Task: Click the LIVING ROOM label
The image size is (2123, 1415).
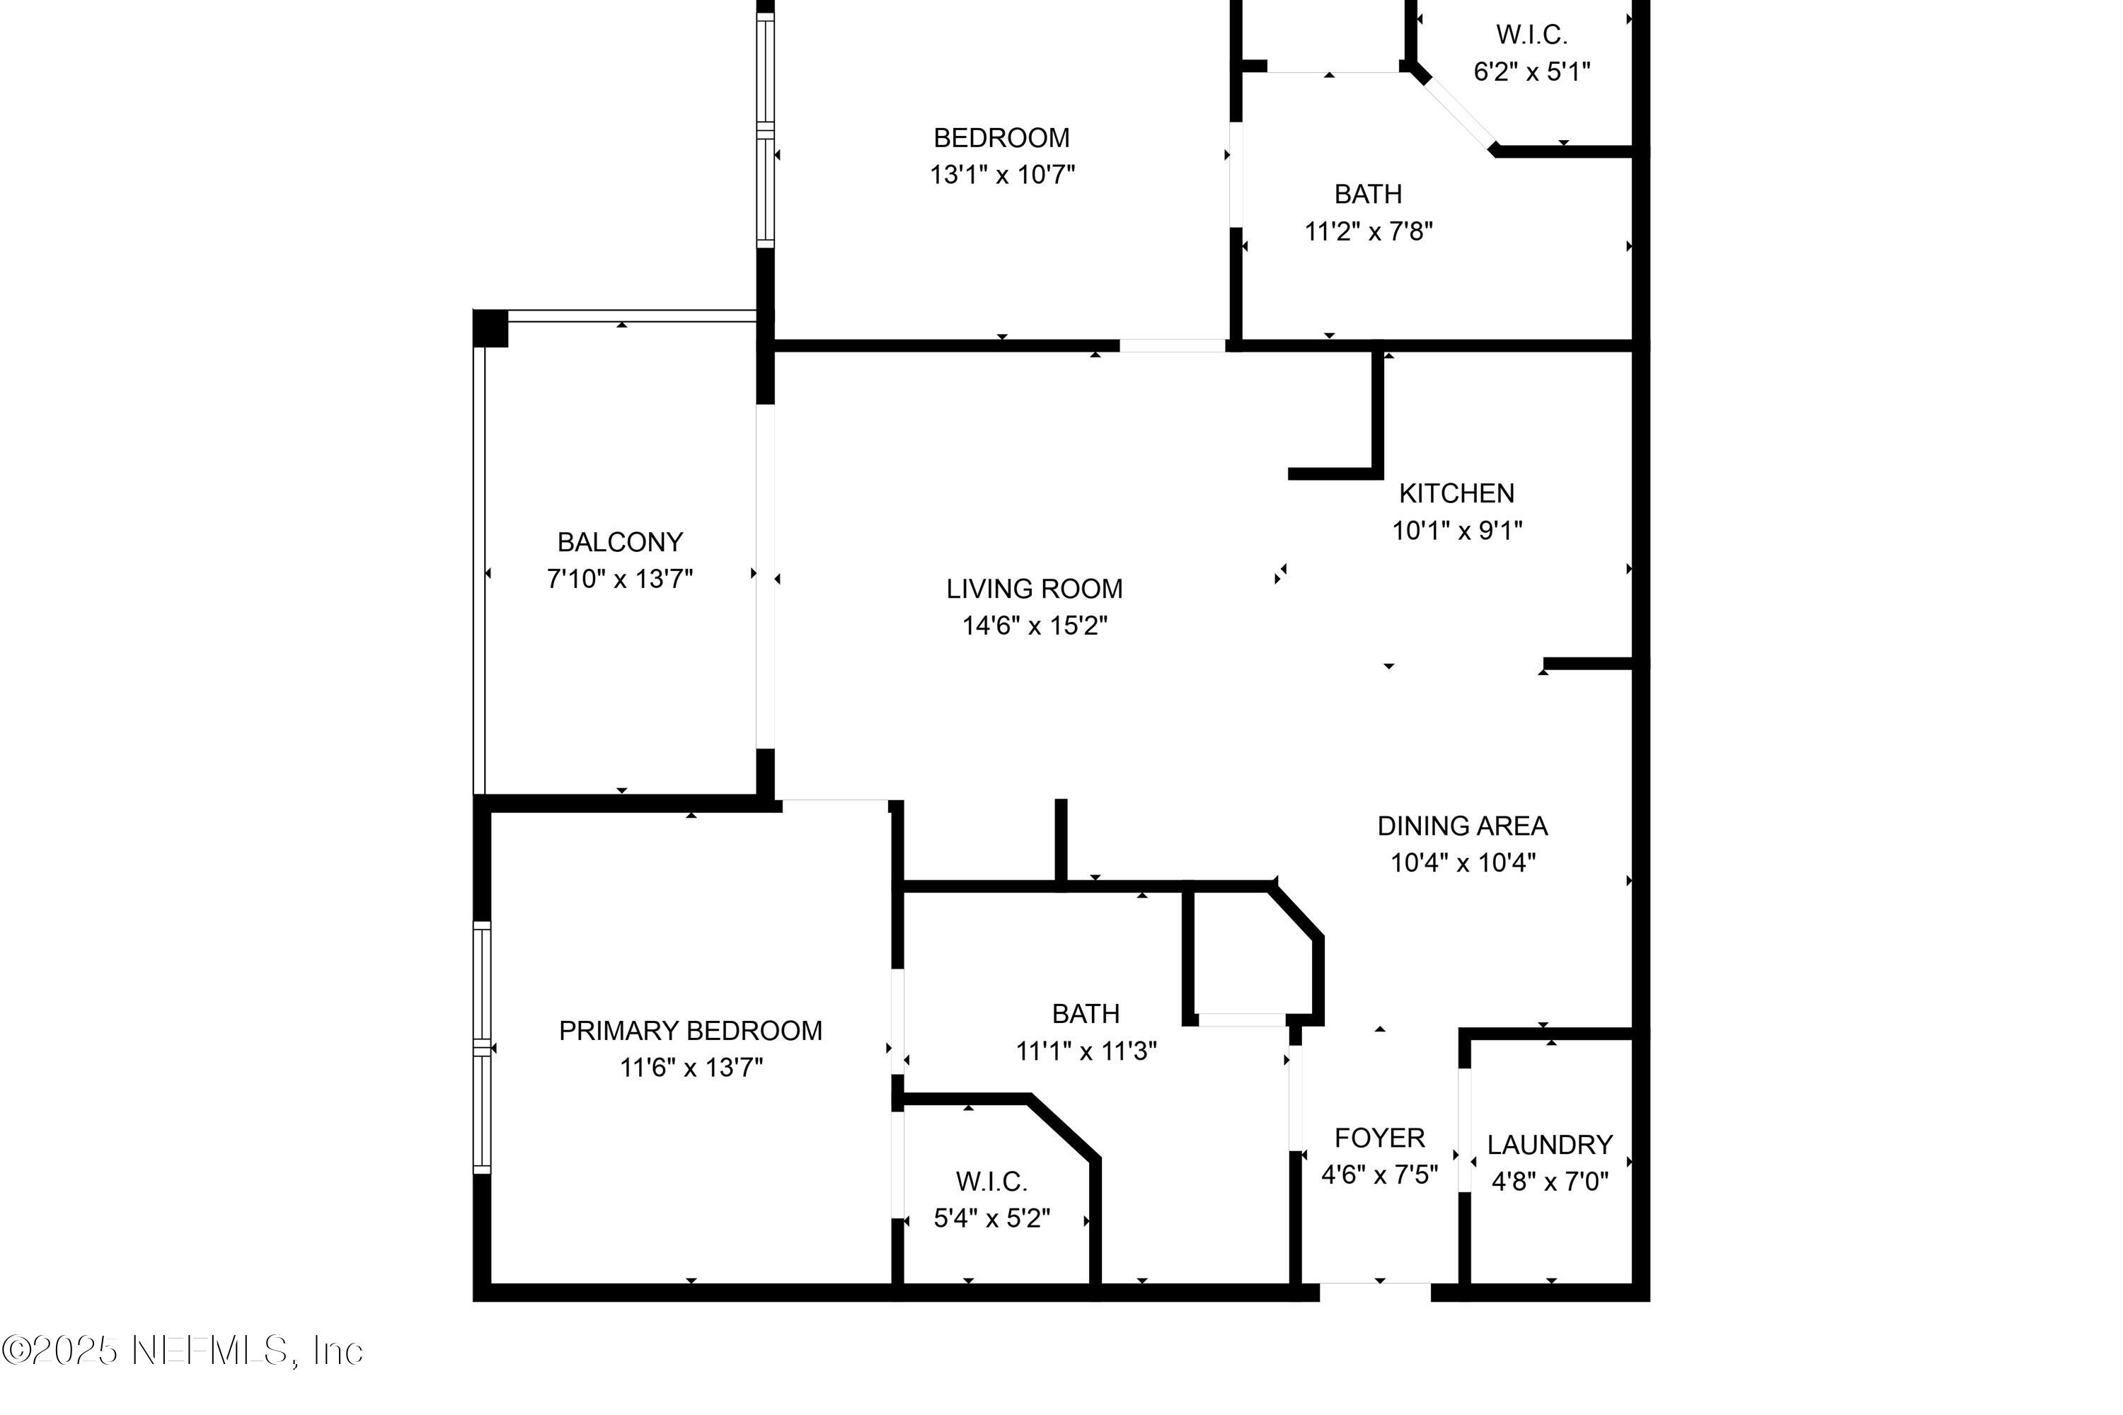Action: (1035, 589)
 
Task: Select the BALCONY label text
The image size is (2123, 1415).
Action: (620, 543)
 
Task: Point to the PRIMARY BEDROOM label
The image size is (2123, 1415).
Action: (691, 1031)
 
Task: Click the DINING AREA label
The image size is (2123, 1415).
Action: (1462, 826)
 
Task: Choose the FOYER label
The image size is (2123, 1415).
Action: (1379, 1138)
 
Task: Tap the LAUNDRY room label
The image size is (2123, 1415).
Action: (1550, 1145)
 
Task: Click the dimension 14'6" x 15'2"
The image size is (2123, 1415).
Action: (1035, 625)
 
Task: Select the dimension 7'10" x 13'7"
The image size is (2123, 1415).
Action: (620, 579)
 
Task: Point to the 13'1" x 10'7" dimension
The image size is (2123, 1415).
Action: (1002, 174)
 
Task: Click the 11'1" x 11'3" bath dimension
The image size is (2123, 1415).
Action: (1086, 1051)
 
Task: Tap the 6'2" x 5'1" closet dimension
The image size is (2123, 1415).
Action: (1532, 71)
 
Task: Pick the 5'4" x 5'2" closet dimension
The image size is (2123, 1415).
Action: (992, 1219)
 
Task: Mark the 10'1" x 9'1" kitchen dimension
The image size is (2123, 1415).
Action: (1457, 531)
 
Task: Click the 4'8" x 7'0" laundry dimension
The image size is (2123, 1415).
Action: (1550, 1182)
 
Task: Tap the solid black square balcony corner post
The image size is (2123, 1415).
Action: (491, 328)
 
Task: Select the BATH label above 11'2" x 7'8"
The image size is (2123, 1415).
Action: (1367, 194)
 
